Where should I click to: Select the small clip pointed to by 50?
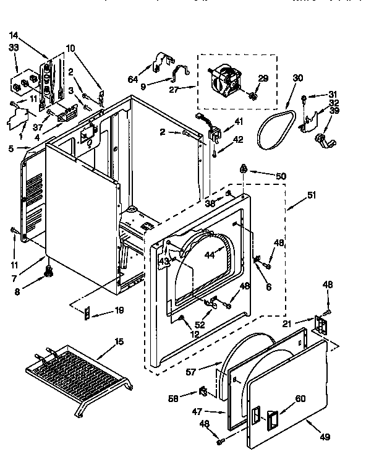pos(244,168)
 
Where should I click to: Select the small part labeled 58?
pos(202,392)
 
